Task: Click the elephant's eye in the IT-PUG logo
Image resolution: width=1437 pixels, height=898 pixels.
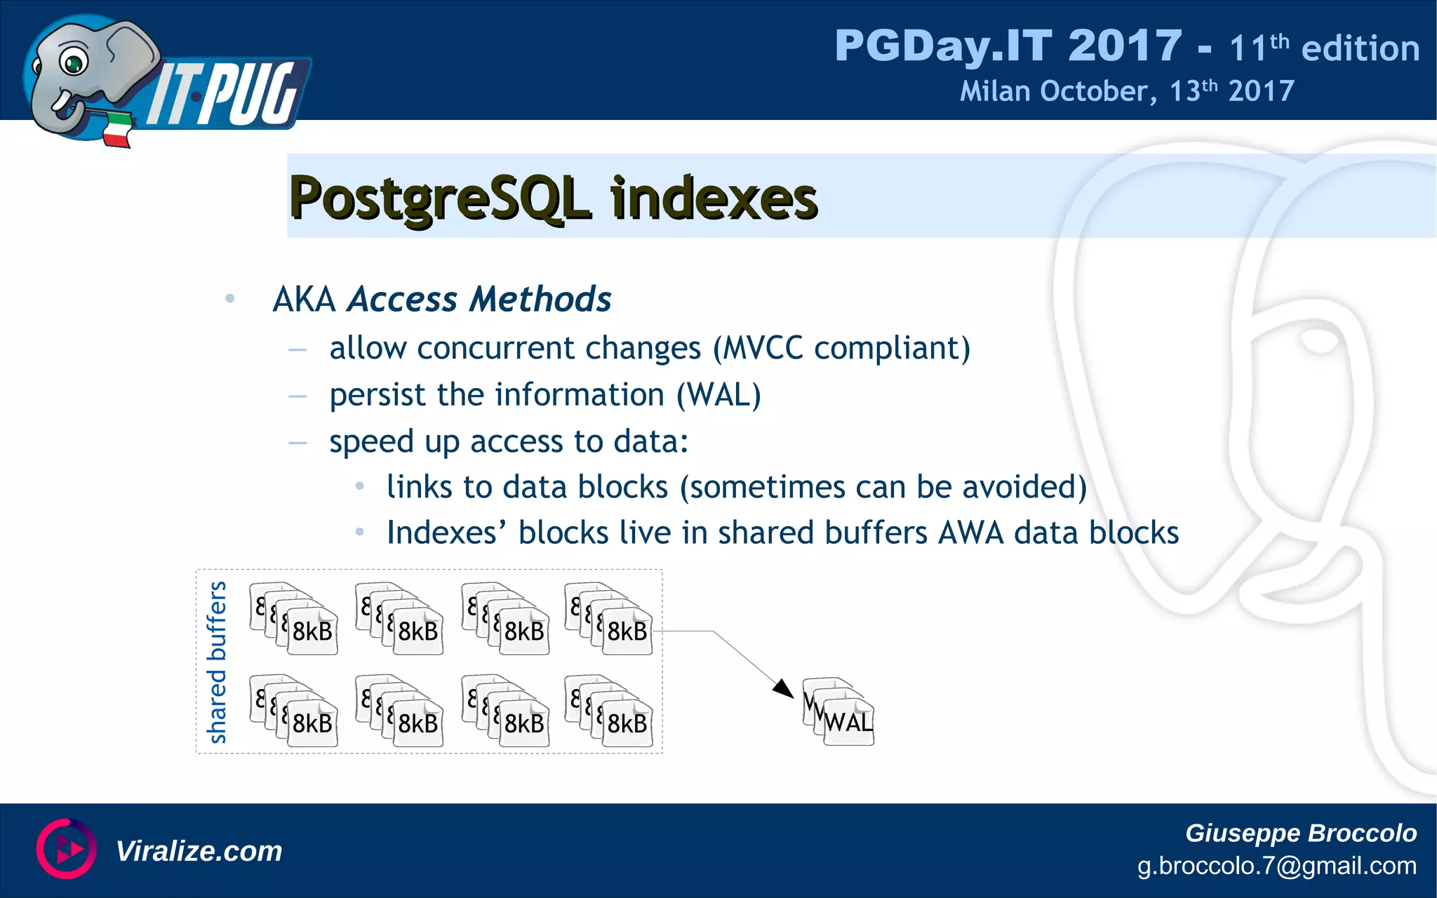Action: [72, 62]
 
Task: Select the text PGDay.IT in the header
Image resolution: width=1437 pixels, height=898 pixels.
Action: [942, 46]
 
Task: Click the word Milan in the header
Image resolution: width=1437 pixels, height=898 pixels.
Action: [994, 91]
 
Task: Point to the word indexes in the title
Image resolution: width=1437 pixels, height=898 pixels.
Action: [714, 199]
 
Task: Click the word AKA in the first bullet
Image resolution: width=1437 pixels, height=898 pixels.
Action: [304, 300]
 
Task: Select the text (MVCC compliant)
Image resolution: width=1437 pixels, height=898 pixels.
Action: [841, 349]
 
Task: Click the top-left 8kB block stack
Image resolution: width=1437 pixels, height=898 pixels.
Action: [295, 619]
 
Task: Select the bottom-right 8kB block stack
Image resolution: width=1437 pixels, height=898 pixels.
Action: [609, 711]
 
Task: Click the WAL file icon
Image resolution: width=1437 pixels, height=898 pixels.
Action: [838, 711]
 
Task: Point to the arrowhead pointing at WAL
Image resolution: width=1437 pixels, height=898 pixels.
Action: [784, 688]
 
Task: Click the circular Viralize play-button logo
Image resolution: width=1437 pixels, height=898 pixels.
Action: [65, 849]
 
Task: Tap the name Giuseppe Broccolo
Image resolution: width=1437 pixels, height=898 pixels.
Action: [1300, 833]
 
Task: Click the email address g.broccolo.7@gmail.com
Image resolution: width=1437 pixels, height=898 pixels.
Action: [1276, 866]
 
